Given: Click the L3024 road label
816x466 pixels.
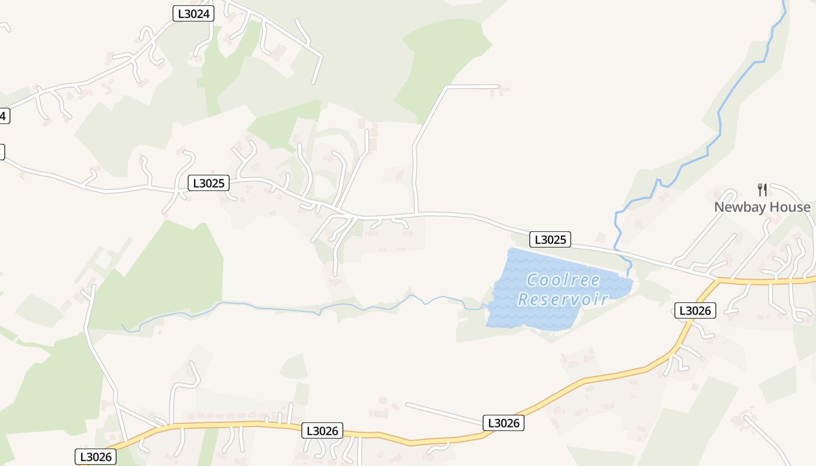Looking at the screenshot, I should coord(194,14).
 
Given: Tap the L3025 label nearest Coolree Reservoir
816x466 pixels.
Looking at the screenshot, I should coord(550,239).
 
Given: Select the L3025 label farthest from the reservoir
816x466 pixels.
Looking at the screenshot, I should coord(209,183).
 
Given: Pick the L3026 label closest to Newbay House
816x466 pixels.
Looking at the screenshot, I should coord(695,310).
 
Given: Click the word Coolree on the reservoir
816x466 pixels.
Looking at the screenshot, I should coord(563,280).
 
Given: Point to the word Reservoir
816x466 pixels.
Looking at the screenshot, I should coord(563,299).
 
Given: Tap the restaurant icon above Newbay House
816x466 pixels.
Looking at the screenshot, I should coord(762,189).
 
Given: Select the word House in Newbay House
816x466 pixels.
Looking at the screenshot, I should coord(788,207).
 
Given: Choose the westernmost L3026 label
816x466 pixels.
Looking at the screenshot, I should coord(96,457).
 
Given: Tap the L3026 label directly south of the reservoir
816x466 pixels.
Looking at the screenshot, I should coord(504,423).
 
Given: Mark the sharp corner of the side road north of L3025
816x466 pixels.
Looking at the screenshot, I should coord(446,87).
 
